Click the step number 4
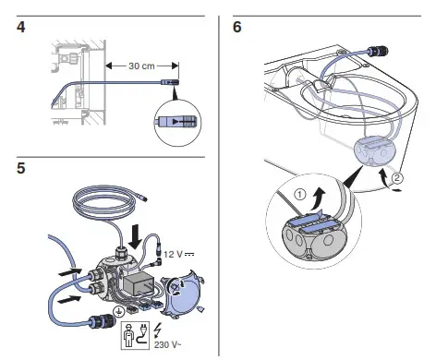pyautogui.click(x=21, y=28)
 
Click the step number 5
pyautogui.click(x=21, y=168)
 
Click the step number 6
pyautogui.click(x=237, y=27)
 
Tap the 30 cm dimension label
pyautogui.click(x=141, y=66)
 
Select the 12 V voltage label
pyautogui.click(x=178, y=254)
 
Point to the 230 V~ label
pyautogui.click(x=167, y=344)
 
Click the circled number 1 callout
pyautogui.click(x=300, y=195)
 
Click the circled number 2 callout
pyautogui.click(x=397, y=178)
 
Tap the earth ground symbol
pyautogui.click(x=117, y=312)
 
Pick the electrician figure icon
pyautogui.click(x=128, y=336)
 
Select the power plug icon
pyautogui.click(x=141, y=335)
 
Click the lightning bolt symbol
pyautogui.click(x=158, y=330)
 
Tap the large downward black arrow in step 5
pyautogui.click(x=135, y=237)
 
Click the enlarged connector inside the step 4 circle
pyautogui.click(x=176, y=122)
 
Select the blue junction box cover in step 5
pyautogui.click(x=182, y=296)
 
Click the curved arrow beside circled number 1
pyautogui.click(x=318, y=199)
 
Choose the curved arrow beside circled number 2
pyautogui.click(x=381, y=176)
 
